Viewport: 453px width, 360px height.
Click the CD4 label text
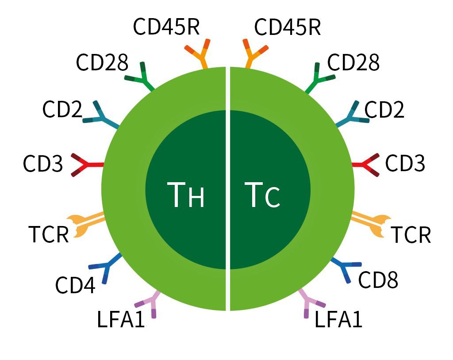pyautogui.click(x=75, y=285)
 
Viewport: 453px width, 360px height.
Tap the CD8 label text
pyautogui.click(x=378, y=280)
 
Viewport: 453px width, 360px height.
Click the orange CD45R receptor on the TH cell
pyautogui.click(x=200, y=55)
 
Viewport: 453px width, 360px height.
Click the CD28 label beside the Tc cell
pyautogui.click(x=353, y=63)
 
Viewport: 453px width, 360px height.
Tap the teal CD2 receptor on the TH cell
pyautogui.click(x=104, y=116)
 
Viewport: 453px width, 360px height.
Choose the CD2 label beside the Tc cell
pyautogui.click(x=384, y=110)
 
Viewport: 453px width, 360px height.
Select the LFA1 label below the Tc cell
pyautogui.click(x=338, y=320)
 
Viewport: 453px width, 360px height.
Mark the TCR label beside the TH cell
pyautogui.click(x=49, y=234)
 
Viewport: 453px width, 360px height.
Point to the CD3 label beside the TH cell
pyautogui.click(x=43, y=164)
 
